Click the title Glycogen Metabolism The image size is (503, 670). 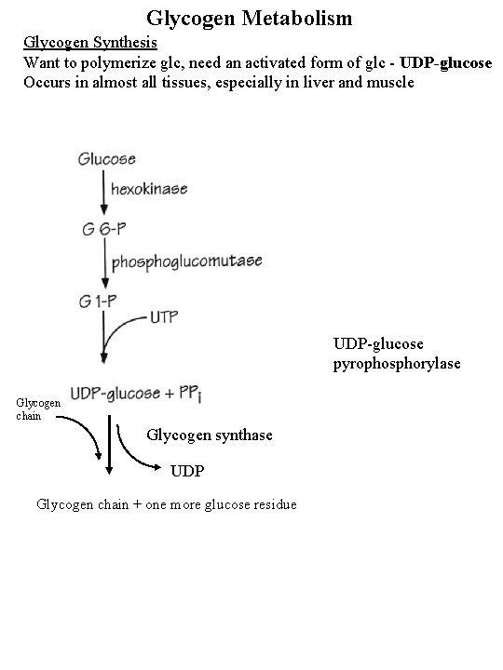pos(249,19)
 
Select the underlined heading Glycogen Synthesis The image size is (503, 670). pos(90,43)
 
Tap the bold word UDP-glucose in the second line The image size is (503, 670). pos(445,63)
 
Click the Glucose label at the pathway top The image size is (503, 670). pos(106,159)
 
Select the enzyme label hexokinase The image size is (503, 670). pos(149,188)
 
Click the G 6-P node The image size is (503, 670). pos(104,230)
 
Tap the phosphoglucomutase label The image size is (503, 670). pos(187,261)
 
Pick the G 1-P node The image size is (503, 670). pos(98,301)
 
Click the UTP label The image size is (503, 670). pos(164,317)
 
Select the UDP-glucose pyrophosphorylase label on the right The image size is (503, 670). pos(397,354)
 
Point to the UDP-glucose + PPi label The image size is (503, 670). pos(136,394)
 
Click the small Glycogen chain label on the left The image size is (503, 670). pos(38,409)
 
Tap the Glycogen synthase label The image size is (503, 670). pos(210,435)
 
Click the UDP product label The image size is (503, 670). pos(187,471)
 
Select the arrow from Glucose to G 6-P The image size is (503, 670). pos(103,193)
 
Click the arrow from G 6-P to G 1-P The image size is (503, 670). pos(104,262)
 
